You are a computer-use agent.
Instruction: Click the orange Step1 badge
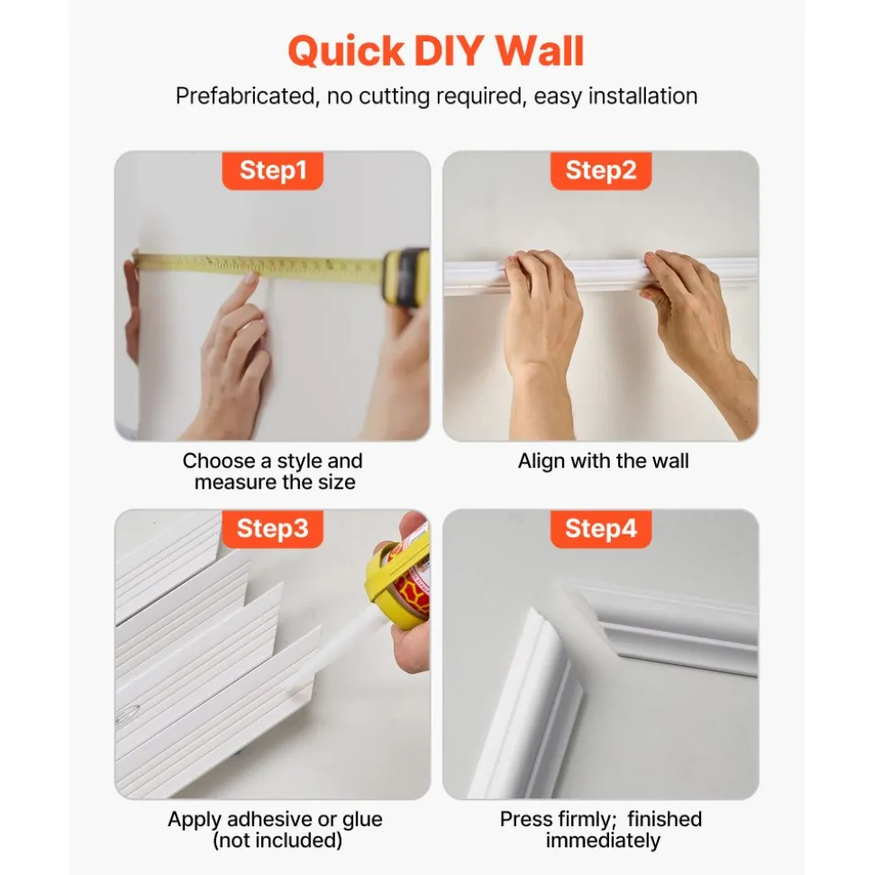(x=272, y=170)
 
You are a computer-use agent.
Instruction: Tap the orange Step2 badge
(x=600, y=170)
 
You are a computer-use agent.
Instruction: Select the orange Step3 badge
(x=272, y=528)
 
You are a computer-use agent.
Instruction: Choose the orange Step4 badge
(x=600, y=528)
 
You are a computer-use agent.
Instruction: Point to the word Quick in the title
(x=346, y=50)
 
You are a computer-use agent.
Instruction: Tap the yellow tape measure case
(x=405, y=277)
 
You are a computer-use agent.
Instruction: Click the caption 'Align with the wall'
(x=604, y=461)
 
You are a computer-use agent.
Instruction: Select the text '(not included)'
(x=278, y=840)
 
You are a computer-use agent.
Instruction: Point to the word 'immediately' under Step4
(x=603, y=840)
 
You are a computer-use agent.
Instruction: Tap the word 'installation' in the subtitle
(x=643, y=96)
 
